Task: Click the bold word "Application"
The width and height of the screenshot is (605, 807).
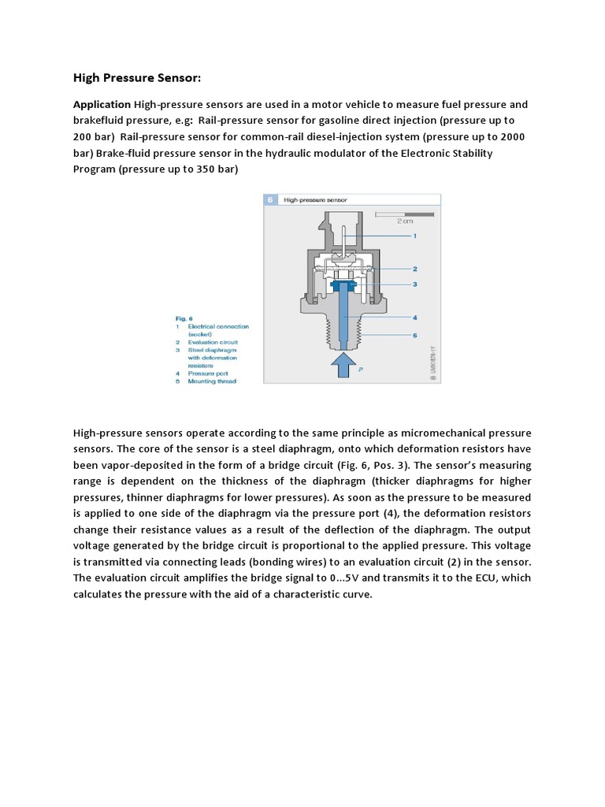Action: (102, 105)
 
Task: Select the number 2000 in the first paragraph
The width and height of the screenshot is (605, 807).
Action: (512, 137)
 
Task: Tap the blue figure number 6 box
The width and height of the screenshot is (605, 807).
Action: (270, 201)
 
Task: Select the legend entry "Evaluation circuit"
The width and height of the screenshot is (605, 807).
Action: (212, 343)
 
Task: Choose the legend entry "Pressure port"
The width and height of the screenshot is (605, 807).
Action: (206, 374)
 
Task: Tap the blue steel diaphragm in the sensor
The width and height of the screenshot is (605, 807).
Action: (343, 284)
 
